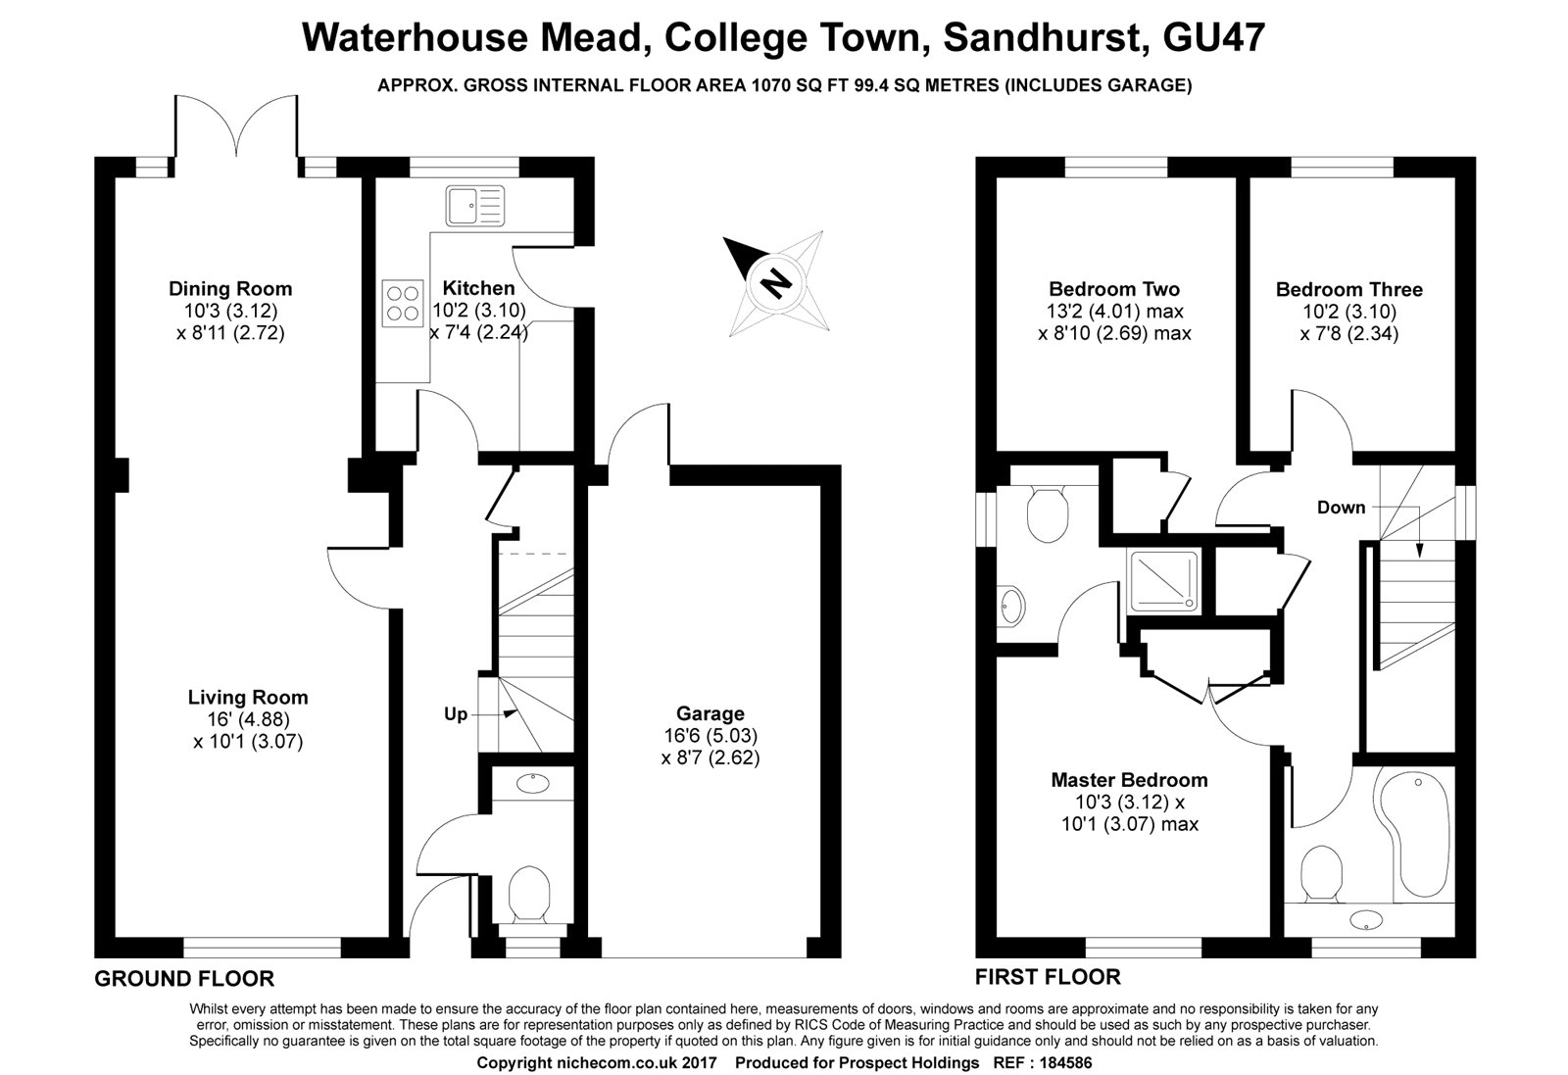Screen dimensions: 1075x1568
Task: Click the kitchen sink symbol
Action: pyautogui.click(x=474, y=206)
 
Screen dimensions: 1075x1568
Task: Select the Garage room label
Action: pyautogui.click(x=710, y=713)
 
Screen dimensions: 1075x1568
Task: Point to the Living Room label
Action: pyautogui.click(x=248, y=698)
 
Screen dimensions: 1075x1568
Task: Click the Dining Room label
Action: pyautogui.click(x=230, y=288)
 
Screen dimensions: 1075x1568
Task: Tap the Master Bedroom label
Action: pyautogui.click(x=1129, y=780)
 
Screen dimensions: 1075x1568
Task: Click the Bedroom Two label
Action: pyautogui.click(x=1114, y=289)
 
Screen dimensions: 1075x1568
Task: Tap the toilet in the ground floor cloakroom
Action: pyautogui.click(x=530, y=893)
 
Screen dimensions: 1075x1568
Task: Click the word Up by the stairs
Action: pyautogui.click(x=456, y=714)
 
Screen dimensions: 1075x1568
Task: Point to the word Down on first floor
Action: pyautogui.click(x=1341, y=508)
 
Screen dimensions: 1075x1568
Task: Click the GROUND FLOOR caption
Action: pyautogui.click(x=184, y=978)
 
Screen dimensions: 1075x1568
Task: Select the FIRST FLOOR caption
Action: pyautogui.click(x=1048, y=977)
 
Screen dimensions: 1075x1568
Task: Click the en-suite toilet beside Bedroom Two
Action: pyautogui.click(x=1047, y=512)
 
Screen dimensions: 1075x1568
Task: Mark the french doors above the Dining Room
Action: pyautogui.click(x=236, y=127)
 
